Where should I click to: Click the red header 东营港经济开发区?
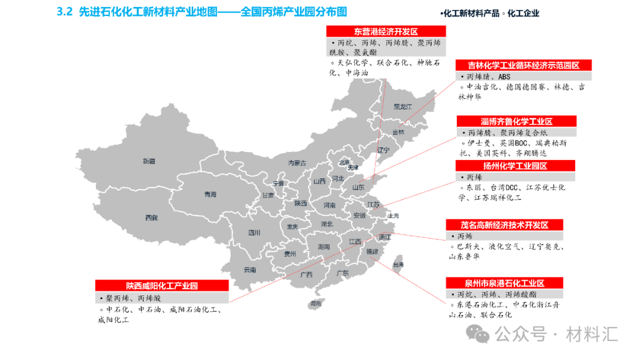pyautogui.click(x=385, y=31)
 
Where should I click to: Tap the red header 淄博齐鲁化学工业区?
pyautogui.click(x=515, y=121)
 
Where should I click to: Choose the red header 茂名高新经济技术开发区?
pyautogui.click(x=504, y=225)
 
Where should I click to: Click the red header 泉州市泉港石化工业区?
pyautogui.click(x=505, y=283)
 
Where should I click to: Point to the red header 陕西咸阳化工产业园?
pyautogui.click(x=161, y=286)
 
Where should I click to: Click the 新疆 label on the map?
pyautogui.click(x=149, y=161)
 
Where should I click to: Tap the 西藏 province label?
pyautogui.click(x=151, y=217)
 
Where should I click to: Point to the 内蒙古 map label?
pyautogui.click(x=297, y=163)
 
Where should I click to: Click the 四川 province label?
pyautogui.click(x=254, y=233)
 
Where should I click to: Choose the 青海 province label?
pyautogui.click(x=210, y=194)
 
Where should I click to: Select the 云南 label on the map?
pyautogui.click(x=250, y=270)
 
